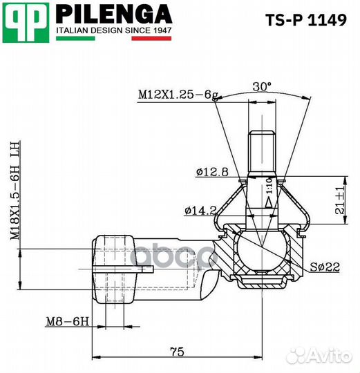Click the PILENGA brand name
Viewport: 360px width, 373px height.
(113, 14)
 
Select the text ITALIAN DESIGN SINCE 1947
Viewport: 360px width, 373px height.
(113, 31)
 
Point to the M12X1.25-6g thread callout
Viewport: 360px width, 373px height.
(174, 93)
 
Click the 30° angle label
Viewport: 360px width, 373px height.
(262, 86)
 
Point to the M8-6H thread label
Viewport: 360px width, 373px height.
(66, 321)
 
